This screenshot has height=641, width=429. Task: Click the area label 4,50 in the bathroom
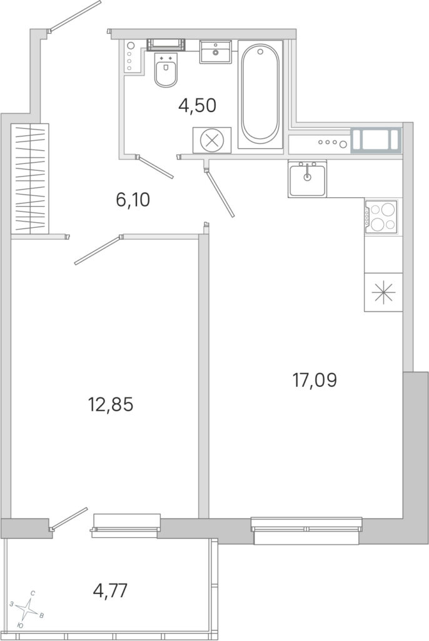197,106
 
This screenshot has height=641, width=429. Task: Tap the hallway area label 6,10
133,200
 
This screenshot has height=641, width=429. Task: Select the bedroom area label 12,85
111,405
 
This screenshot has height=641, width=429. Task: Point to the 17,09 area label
315,380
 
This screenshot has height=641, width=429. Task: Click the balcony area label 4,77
111,590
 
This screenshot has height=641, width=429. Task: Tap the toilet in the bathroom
166,70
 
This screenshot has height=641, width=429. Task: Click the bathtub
260,95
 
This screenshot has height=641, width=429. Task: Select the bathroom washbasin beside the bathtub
215,51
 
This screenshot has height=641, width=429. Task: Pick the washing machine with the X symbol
212,140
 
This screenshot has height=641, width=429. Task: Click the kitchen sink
307,179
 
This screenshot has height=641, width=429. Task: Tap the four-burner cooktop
381,217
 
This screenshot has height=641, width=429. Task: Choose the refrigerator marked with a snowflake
383,292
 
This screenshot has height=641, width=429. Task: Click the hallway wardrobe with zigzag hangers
30,178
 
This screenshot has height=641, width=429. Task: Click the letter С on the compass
33,592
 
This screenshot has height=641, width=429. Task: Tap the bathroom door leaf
155,167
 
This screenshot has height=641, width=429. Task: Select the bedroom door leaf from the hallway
98,250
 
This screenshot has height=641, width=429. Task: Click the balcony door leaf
69,518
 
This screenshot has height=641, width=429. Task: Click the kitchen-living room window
306,531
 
